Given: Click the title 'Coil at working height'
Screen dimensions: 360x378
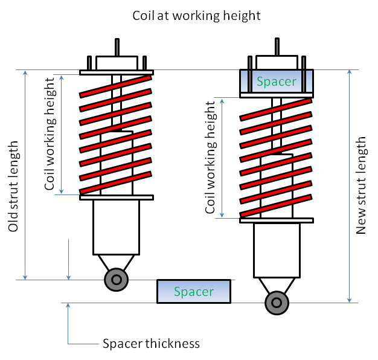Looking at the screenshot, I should coord(197,15).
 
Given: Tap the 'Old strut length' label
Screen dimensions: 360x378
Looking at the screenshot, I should coord(13,187).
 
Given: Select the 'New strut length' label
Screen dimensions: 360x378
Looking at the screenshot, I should coord(362,185).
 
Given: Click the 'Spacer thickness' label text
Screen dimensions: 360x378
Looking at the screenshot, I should coord(150,344).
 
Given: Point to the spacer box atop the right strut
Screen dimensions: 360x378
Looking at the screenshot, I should coord(277,81).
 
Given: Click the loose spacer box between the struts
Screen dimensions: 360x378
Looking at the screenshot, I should coord(194,291).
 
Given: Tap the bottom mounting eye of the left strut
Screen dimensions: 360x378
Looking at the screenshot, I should coord(116,279).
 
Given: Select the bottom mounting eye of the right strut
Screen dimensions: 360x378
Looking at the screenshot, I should coord(277,303).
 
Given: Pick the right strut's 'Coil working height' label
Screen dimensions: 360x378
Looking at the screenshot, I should coord(211,158).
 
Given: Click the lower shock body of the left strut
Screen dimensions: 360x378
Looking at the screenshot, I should coord(116,227).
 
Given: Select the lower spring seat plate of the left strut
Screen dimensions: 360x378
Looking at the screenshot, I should coord(116,197).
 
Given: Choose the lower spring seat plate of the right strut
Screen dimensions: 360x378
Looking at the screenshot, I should coord(277,220).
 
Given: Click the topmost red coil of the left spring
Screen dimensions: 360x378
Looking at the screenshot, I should coord(116,85).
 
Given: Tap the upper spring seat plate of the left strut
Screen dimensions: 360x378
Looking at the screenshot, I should coord(116,72).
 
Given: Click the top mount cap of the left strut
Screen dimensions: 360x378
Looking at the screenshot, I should coord(116,63).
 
